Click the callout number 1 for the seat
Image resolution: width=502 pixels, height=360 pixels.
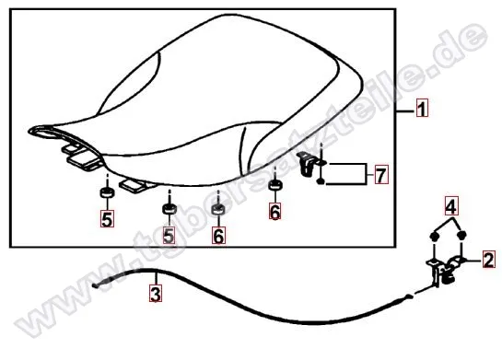pos(422,108)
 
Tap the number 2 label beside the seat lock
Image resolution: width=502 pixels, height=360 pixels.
pos(488,260)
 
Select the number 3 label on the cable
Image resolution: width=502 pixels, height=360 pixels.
pos(156,294)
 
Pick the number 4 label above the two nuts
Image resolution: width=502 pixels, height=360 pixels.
pos(451,206)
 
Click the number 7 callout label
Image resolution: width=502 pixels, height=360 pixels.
pos(381,175)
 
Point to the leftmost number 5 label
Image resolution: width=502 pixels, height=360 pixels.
pos(107,219)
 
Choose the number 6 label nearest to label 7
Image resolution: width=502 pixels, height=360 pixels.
pos(275,211)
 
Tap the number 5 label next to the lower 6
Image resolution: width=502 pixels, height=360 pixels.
pos(169,235)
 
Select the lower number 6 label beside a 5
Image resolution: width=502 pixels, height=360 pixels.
pos(218,235)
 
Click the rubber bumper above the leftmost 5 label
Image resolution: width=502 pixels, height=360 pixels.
pos(107,192)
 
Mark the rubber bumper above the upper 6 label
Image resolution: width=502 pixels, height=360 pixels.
pos(275,185)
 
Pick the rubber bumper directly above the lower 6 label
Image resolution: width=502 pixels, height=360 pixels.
pos(218,209)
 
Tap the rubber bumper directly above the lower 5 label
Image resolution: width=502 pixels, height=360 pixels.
pos(169,208)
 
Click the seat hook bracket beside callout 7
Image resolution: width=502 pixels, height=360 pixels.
pos(308,164)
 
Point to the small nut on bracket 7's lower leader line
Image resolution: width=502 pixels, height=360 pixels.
pos(321,182)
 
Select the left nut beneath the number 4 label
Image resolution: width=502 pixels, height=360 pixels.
pos(434,236)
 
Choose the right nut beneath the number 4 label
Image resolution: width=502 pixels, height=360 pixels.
pos(461,235)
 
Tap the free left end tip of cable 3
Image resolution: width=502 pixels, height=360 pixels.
pos(93,285)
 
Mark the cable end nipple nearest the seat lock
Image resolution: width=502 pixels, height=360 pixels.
pos(409,296)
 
